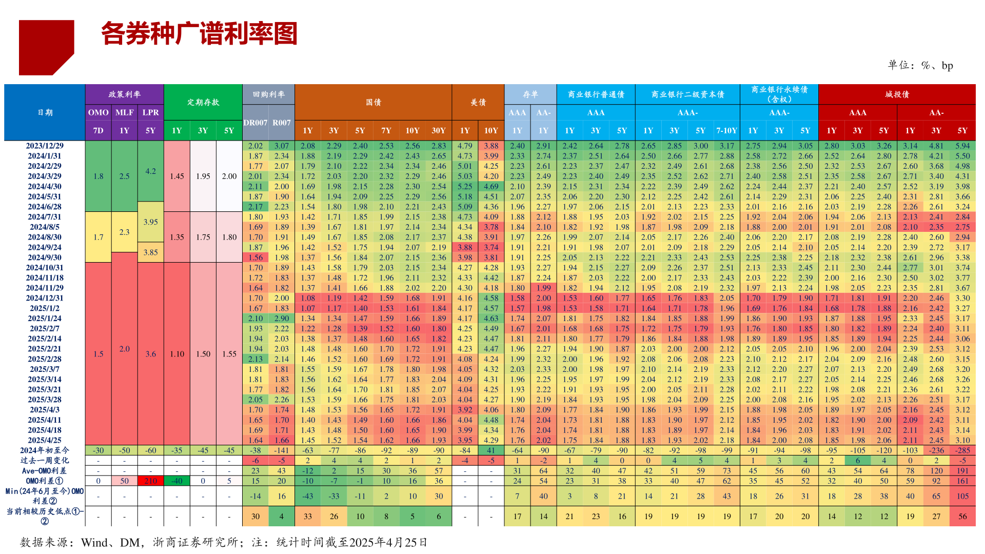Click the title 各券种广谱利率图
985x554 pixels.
[x=199, y=34]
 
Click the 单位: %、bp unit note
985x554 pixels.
[x=920, y=65]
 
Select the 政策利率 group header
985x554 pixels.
[x=124, y=94]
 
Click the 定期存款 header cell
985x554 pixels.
[x=203, y=102]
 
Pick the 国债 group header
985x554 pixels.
[x=373, y=102]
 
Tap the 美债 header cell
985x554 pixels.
[x=478, y=102]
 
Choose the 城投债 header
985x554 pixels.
[x=896, y=94]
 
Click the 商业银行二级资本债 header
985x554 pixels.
[x=687, y=94]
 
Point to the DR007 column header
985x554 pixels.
[x=255, y=123]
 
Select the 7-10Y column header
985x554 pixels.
[x=726, y=130]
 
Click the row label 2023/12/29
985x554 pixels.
[x=45, y=146]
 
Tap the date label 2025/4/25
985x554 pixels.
[x=45, y=440]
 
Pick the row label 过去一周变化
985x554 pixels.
[x=45, y=460]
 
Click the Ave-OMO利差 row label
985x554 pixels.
[x=45, y=470]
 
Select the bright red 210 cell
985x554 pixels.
[x=150, y=481]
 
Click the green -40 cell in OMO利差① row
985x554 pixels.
[x=176, y=481]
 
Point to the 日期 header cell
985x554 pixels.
[x=45, y=112]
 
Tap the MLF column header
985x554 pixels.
[x=124, y=112]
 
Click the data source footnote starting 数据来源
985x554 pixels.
[x=223, y=542]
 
